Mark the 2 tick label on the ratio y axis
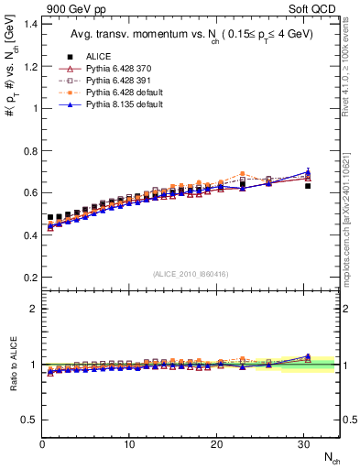coord(31,309)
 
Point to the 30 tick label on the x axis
coord(303,444)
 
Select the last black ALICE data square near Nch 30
coord(308,186)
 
